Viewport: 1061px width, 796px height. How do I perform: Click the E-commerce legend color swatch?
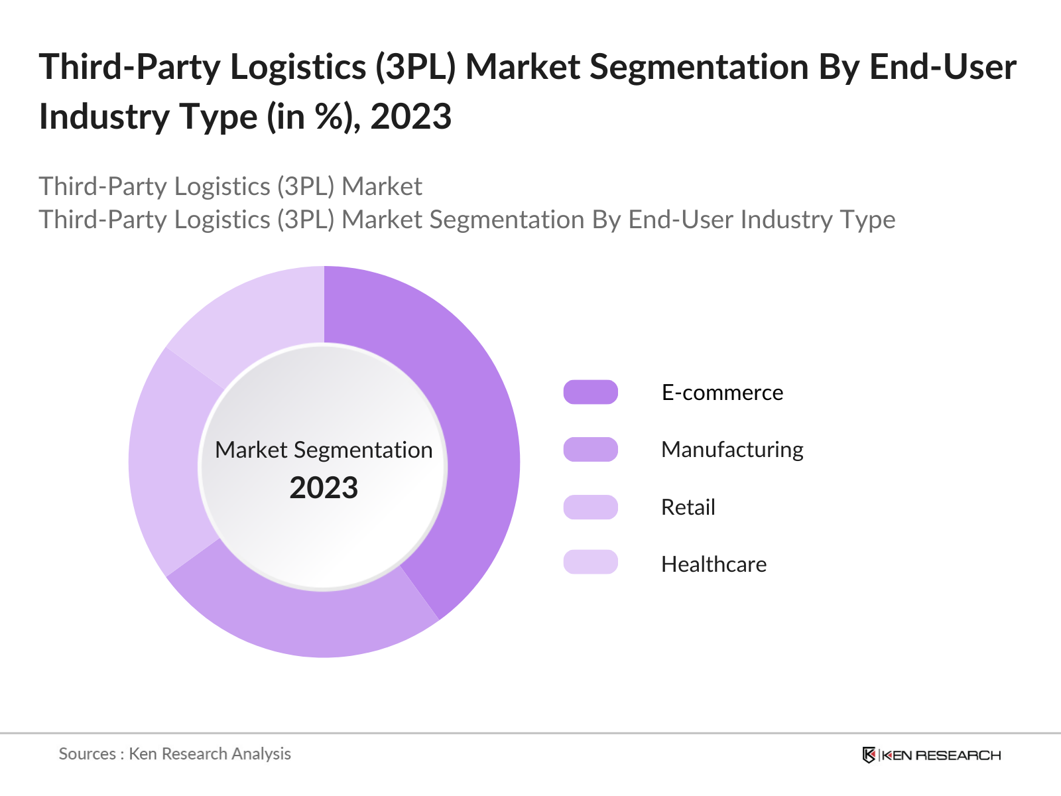590,392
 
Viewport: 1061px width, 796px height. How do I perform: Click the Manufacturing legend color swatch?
590,449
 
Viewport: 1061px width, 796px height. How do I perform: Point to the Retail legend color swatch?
590,507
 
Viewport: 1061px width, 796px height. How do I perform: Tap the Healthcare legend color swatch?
590,563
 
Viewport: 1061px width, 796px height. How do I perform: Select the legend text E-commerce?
722,393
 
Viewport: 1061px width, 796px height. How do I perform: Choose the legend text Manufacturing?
732,450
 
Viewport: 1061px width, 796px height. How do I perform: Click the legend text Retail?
688,507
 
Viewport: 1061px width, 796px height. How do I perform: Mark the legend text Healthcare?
714,564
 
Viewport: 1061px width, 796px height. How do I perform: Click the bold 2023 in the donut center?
324,488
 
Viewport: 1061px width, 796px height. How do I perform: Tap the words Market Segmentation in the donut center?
324,450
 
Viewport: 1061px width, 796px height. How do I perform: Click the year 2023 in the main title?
410,117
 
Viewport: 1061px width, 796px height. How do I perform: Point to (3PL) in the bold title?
415,67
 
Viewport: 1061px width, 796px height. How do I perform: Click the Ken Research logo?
931,755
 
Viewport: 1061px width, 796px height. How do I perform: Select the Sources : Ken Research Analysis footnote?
174,754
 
